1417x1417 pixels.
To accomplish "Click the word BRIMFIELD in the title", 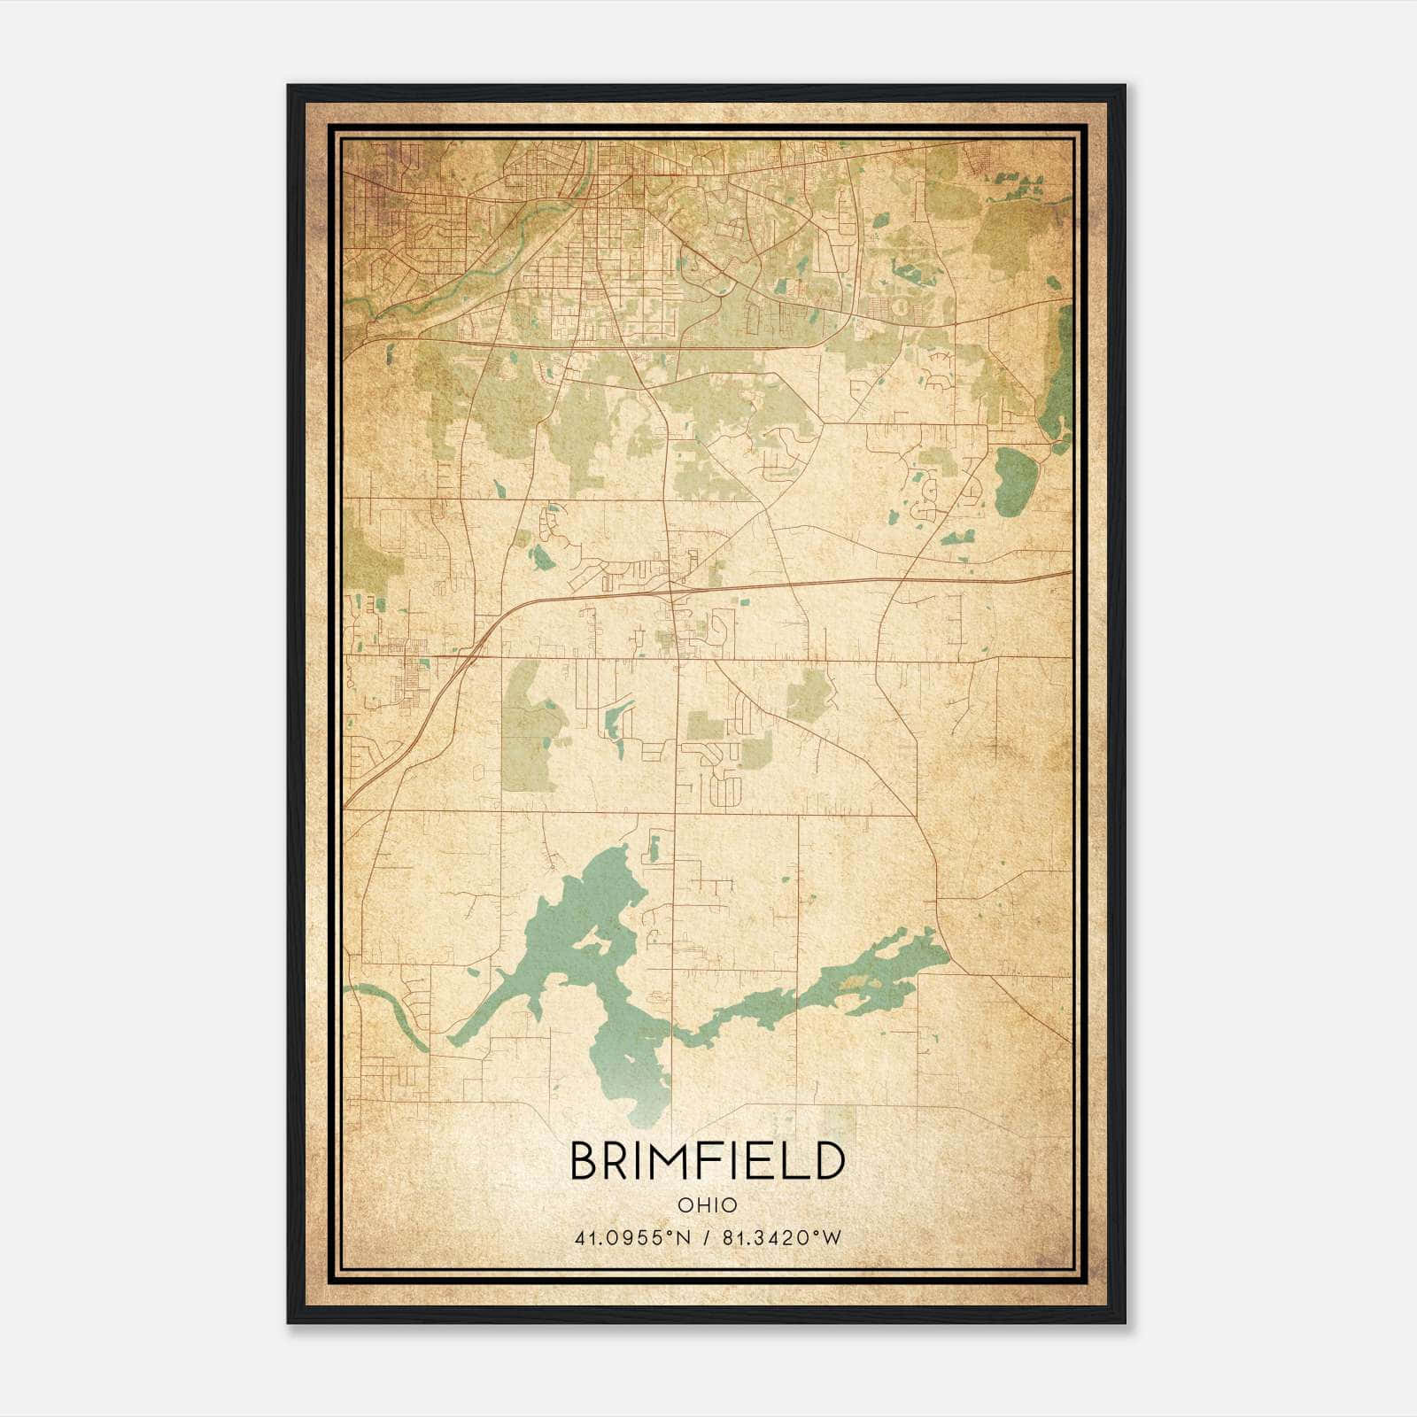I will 707,1161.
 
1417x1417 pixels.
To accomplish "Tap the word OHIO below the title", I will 707,1205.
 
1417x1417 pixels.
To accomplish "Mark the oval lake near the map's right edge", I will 1011,481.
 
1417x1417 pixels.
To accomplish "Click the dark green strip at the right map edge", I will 1057,381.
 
